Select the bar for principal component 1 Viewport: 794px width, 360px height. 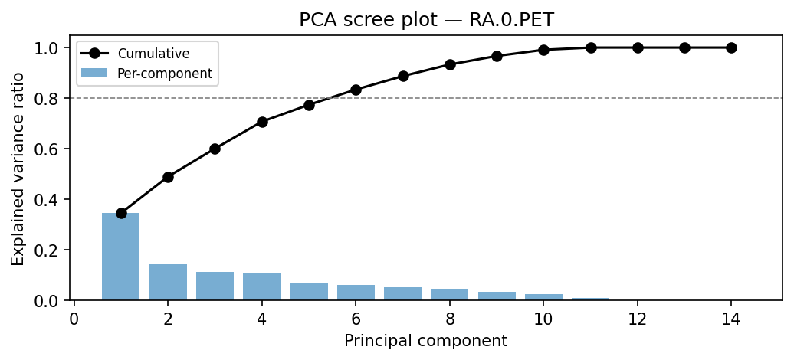tap(121, 257)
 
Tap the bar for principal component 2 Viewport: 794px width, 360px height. tap(168, 282)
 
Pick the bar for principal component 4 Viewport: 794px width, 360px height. tap(262, 286)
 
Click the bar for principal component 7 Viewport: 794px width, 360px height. tap(403, 293)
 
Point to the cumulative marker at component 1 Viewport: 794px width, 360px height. tap(121, 213)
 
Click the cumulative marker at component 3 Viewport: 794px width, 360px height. tap(215, 149)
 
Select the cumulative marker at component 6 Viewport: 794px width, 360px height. tap(356, 90)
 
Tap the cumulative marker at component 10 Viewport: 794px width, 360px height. tap(543, 50)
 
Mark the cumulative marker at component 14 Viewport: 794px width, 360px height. tap(731, 47)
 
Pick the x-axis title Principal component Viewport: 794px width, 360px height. tap(425, 341)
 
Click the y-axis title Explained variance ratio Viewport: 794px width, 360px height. tap(18, 169)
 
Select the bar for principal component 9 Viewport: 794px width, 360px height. tap(497, 296)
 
